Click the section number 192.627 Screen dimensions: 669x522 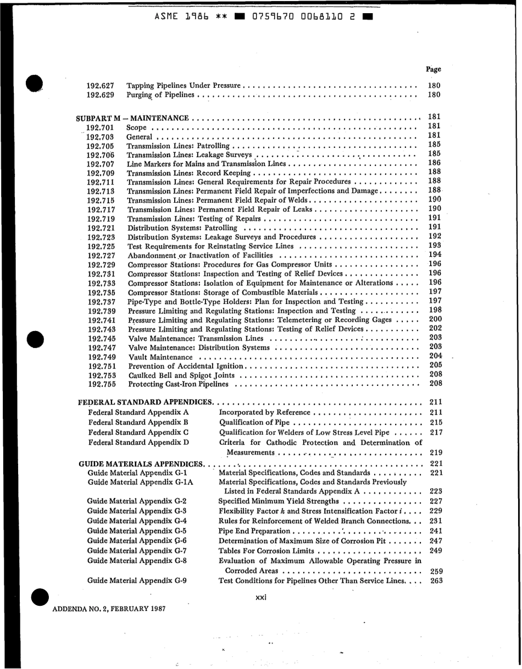(101, 86)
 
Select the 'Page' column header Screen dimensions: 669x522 (433, 69)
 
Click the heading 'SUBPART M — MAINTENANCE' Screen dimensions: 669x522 (132, 118)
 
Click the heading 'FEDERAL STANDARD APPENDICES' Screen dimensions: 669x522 (146, 403)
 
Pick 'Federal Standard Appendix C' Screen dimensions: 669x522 (138, 433)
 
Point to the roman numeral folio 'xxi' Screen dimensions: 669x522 (261, 598)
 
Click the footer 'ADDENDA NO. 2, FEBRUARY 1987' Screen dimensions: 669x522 (109, 609)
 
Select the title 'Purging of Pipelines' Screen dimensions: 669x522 (160, 95)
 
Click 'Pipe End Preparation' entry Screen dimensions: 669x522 (254, 531)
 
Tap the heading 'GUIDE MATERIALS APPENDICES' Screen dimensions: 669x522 (141, 464)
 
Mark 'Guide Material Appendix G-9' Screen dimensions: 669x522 (137, 580)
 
